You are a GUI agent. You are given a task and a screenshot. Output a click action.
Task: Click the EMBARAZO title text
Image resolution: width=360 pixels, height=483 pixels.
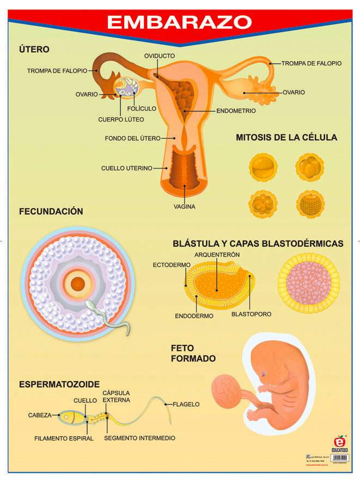pos(179,22)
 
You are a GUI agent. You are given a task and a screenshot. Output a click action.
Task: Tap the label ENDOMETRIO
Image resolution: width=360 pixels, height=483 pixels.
pos(236,110)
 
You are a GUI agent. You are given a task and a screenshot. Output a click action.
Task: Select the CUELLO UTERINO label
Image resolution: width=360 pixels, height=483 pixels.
pos(127,168)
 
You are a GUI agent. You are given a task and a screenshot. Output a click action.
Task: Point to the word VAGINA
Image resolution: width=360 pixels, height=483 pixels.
pos(185,207)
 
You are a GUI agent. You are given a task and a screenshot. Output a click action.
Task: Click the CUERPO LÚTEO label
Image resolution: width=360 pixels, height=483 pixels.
pos(121,119)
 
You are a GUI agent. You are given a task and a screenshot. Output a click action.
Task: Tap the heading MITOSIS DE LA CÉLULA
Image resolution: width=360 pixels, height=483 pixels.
pos(286,137)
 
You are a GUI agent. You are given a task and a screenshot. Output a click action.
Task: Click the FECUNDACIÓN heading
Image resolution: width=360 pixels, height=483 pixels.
pos(51,211)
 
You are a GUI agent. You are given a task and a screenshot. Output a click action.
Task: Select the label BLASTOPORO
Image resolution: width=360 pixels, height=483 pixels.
pos(251,314)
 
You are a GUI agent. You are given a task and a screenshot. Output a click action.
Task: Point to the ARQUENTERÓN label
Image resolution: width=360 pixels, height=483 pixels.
pos(217,255)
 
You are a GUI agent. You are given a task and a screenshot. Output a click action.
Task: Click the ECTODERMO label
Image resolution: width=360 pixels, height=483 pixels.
pos(172,264)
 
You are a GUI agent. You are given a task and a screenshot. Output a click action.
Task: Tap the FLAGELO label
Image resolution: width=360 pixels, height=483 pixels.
pos(186,404)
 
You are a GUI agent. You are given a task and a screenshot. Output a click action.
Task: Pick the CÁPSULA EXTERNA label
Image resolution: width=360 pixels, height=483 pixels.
pos(117,397)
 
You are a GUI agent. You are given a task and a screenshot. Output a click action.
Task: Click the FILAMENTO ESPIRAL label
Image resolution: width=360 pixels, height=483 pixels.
pos(64,438)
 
